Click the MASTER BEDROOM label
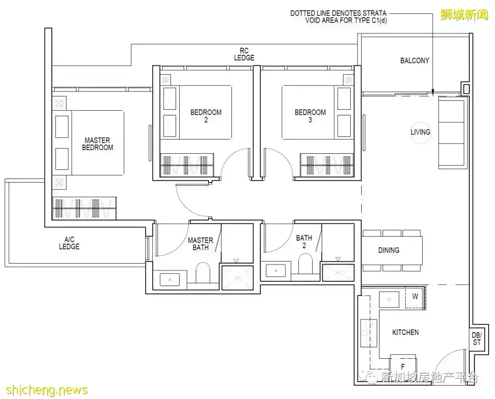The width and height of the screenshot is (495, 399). coord(98,144)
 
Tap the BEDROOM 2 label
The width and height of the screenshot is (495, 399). coord(206,116)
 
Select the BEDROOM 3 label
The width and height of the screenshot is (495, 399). coord(310,116)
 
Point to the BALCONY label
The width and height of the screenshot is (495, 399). coord(414,60)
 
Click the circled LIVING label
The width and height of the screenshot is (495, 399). coord(420,132)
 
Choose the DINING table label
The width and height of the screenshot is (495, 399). coord(389,250)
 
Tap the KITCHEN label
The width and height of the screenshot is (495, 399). coord(405,332)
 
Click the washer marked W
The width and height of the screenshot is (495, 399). coord(415,297)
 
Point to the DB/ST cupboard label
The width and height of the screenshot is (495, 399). coord(477,339)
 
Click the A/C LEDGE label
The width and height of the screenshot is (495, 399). coord(69,243)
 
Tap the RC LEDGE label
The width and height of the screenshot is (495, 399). coord(244,54)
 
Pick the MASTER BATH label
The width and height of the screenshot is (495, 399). coord(200,244)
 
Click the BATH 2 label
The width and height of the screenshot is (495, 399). coord(304,242)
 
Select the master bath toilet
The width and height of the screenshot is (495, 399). coord(203,273)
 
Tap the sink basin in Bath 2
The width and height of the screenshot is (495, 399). coord(276,271)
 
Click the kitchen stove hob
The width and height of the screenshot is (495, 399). coord(368,333)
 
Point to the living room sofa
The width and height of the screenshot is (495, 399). coord(452,133)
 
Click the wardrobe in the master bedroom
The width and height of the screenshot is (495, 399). coord(84,208)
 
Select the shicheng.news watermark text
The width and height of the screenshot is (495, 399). coord(47,390)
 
